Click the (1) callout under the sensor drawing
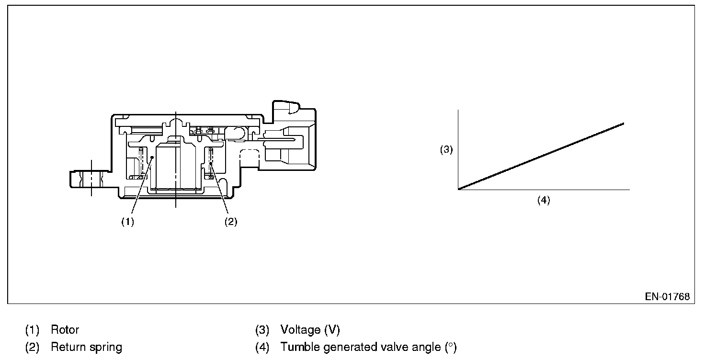coord(127,222)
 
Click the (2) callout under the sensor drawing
coord(230,222)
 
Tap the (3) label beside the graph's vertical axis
coord(446,150)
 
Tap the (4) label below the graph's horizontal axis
coord(543,200)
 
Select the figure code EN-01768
coord(667,297)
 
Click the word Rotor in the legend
coord(65,330)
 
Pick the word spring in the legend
coord(106,347)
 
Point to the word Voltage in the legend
coord(300,330)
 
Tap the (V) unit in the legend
coord(332,330)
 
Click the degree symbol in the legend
coord(450,346)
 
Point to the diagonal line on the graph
coord(541,157)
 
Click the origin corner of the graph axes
coord(459,190)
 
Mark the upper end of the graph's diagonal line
coord(624,124)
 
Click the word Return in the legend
coord(67,347)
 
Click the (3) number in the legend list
coord(262,330)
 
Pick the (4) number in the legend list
coord(262,347)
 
